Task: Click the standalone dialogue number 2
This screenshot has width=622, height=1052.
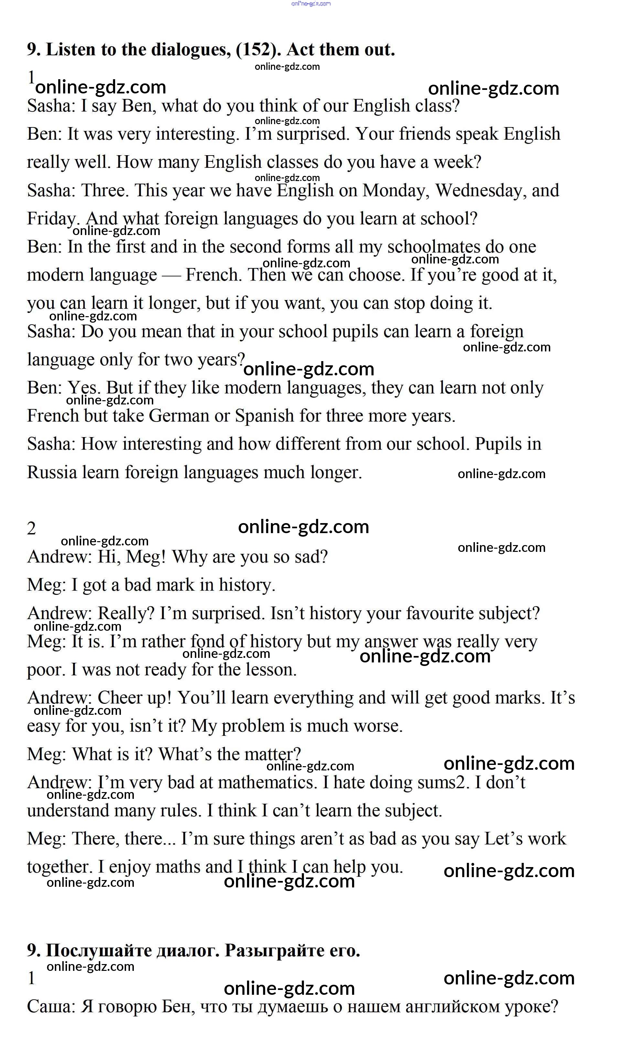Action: point(31,529)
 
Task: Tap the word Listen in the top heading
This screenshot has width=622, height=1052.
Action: point(71,50)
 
